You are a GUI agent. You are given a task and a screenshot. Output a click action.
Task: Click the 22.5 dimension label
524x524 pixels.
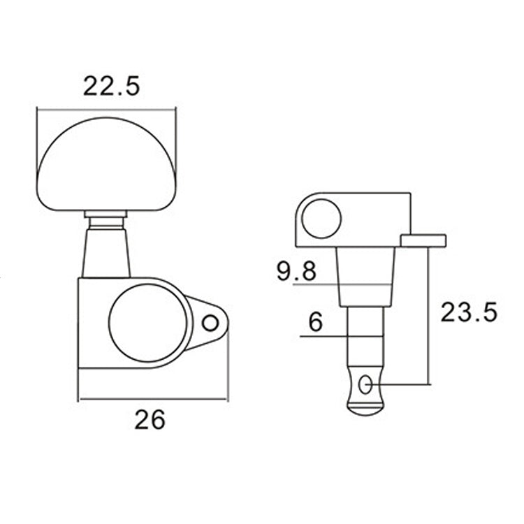(x=112, y=86)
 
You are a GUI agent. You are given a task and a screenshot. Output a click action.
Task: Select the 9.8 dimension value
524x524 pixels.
(x=296, y=271)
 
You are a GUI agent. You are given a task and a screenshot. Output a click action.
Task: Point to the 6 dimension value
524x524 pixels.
(x=314, y=322)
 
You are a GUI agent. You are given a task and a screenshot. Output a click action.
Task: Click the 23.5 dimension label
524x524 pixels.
(x=468, y=312)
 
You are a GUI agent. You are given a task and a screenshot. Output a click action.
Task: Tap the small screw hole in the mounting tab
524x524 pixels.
(x=209, y=323)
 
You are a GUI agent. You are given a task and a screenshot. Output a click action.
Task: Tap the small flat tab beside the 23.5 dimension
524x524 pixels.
(x=423, y=240)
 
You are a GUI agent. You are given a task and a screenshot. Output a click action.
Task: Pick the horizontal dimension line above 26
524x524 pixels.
(x=152, y=399)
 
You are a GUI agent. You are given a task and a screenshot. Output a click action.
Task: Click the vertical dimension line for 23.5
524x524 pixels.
(x=427, y=314)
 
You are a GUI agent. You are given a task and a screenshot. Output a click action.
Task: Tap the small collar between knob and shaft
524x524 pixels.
(x=105, y=218)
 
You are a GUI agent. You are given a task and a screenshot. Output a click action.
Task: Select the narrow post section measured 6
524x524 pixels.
(x=366, y=339)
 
